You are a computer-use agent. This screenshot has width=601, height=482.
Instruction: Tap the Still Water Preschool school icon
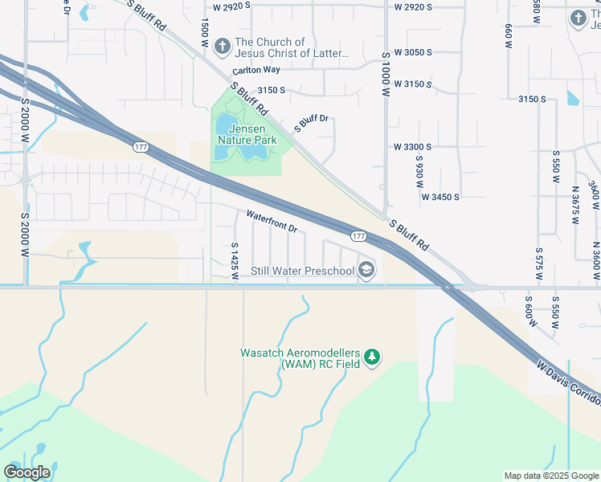(x=366, y=270)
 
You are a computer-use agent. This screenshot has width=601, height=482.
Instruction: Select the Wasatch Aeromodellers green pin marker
(x=371, y=357)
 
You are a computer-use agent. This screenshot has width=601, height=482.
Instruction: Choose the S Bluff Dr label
(x=312, y=123)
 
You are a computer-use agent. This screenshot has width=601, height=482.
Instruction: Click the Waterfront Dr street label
(x=272, y=222)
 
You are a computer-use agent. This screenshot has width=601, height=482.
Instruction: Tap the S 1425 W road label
(x=235, y=262)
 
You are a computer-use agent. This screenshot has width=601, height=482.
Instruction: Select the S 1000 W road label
(x=386, y=76)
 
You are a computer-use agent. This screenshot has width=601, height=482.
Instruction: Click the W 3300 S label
(x=412, y=147)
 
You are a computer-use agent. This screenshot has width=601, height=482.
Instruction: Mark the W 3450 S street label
(x=440, y=197)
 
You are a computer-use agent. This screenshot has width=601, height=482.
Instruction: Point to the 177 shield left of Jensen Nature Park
(x=141, y=147)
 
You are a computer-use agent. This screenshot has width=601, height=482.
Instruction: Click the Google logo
(x=27, y=472)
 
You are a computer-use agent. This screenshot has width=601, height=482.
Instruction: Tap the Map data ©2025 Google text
(x=550, y=476)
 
